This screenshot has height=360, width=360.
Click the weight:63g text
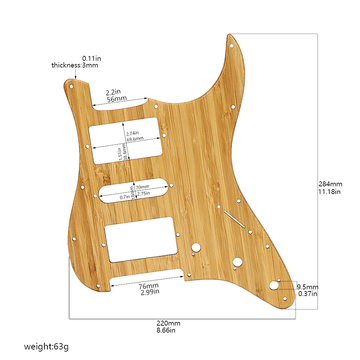click(46, 347)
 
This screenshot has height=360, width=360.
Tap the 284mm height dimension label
click(330, 184)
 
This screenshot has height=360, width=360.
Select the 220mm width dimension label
click(168, 323)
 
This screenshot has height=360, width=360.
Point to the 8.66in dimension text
click(166, 330)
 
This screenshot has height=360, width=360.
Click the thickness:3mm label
click(75, 65)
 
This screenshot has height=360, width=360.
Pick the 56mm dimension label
click(116, 99)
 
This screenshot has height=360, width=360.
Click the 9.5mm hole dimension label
click(308, 287)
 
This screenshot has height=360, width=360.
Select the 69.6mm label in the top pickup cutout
click(135, 139)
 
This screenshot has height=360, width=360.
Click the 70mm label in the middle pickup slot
click(142, 187)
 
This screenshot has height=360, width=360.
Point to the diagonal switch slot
click(234, 219)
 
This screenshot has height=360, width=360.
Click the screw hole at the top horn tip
click(232, 46)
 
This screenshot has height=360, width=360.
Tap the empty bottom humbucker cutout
click(141, 239)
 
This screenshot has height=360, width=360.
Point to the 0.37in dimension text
click(308, 294)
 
